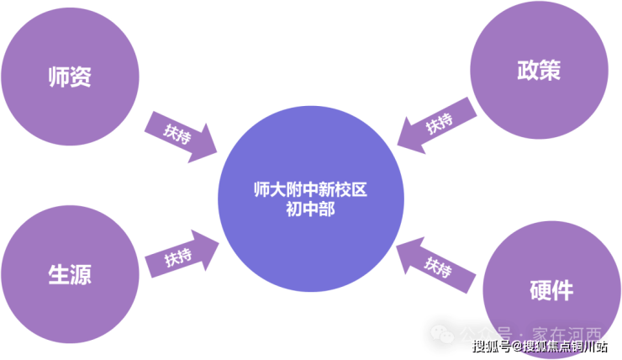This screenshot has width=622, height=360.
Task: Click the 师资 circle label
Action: click(x=69, y=77)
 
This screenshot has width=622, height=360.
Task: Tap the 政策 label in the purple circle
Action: click(x=539, y=70)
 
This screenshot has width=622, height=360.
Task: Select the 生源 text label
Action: click(x=69, y=274)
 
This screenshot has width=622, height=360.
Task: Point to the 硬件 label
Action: click(x=552, y=290)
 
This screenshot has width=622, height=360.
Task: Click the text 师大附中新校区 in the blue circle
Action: click(x=310, y=189)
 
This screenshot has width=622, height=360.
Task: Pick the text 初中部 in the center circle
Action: click(x=310, y=209)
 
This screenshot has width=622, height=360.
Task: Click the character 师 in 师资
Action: click(x=57, y=77)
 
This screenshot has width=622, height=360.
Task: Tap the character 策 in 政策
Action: click(x=551, y=70)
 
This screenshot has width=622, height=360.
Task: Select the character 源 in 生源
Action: click(x=81, y=274)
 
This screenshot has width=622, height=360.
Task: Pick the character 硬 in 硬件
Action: click(x=540, y=290)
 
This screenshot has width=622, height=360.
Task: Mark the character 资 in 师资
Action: click(x=81, y=77)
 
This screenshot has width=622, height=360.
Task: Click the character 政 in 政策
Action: click(x=527, y=70)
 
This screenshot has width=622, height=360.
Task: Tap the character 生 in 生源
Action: click(x=57, y=274)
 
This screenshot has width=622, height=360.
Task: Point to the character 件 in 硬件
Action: click(x=564, y=290)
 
